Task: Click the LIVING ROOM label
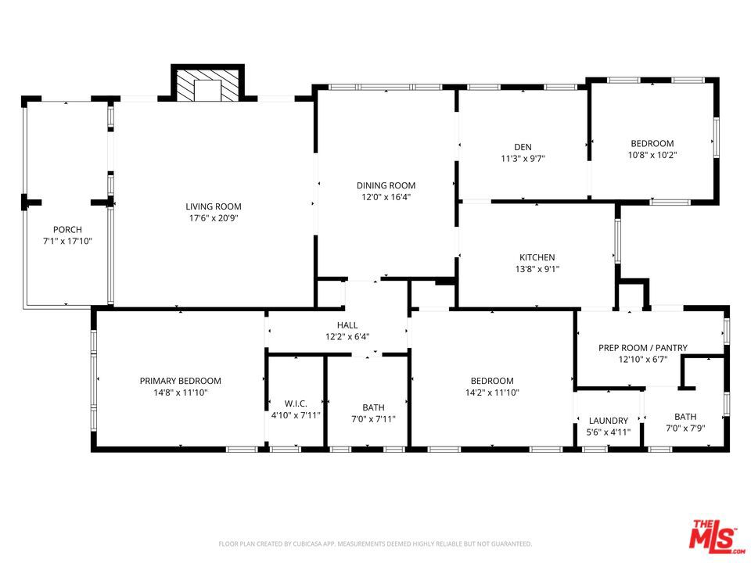pyautogui.click(x=214, y=206)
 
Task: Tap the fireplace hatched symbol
pyautogui.click(x=207, y=86)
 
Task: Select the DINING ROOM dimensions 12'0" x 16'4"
pyautogui.click(x=386, y=197)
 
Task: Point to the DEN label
pyautogui.click(x=523, y=147)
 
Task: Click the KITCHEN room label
pyautogui.click(x=537, y=257)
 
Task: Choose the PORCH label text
pyautogui.click(x=67, y=230)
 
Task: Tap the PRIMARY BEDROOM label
pyautogui.click(x=181, y=381)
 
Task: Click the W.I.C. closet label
pyautogui.click(x=296, y=403)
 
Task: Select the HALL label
pyautogui.click(x=347, y=325)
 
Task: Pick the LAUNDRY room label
pyautogui.click(x=609, y=421)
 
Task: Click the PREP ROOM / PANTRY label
pyautogui.click(x=643, y=348)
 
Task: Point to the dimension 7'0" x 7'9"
pyautogui.click(x=685, y=429)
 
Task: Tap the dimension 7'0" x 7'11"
pyautogui.click(x=374, y=419)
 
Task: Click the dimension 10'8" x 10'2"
pyautogui.click(x=652, y=155)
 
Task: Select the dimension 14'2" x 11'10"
pyautogui.click(x=492, y=393)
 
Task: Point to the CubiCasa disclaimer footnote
pyautogui.click(x=375, y=544)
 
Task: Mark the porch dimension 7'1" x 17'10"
pyautogui.click(x=67, y=242)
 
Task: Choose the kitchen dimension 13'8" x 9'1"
pyautogui.click(x=537, y=269)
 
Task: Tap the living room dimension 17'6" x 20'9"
pyautogui.click(x=214, y=218)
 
